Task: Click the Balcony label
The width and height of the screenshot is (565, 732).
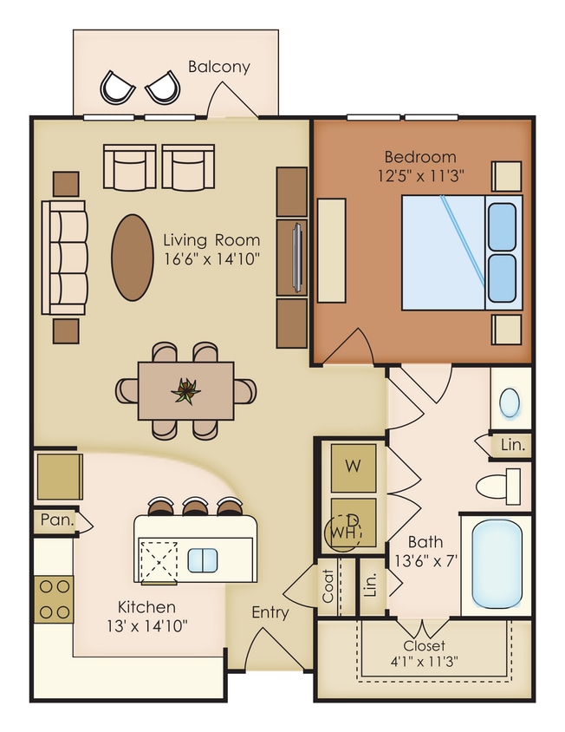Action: (219, 67)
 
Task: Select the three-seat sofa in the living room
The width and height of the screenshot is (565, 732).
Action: (65, 258)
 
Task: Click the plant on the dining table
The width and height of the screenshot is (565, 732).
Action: (185, 391)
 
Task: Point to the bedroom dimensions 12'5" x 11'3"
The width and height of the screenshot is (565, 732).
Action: (419, 174)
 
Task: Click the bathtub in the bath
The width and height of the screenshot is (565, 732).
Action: (499, 564)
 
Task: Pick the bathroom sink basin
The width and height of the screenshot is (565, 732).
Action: (510, 401)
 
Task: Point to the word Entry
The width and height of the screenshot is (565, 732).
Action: (270, 612)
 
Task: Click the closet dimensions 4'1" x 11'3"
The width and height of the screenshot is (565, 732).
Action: (425, 662)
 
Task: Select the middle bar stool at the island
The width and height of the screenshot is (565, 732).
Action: (193, 507)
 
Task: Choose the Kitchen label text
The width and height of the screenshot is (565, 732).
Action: (146, 607)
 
